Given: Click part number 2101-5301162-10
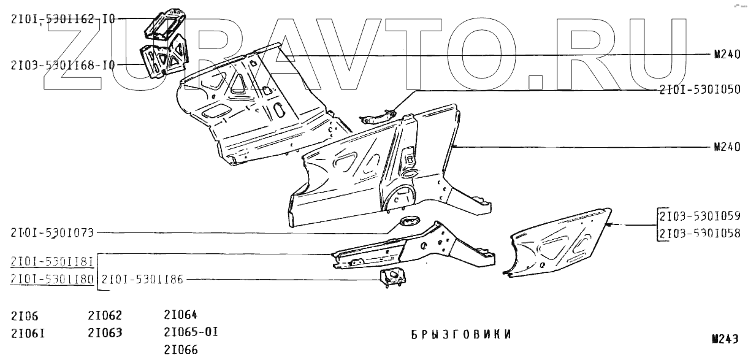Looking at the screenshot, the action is tap(63, 19).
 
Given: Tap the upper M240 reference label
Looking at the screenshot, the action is tap(727, 54).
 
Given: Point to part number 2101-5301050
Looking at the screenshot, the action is tap(700, 91).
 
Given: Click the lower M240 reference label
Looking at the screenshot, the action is tap(727, 147).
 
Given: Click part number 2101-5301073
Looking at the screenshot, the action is tap(52, 232).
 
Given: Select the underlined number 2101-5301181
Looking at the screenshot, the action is tap(52, 262).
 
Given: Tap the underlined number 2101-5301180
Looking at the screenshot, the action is tap(52, 280).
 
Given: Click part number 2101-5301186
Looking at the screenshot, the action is tap(142, 280).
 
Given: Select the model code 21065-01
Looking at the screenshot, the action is tap(191, 333).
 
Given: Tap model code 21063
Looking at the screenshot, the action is tap(105, 333).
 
